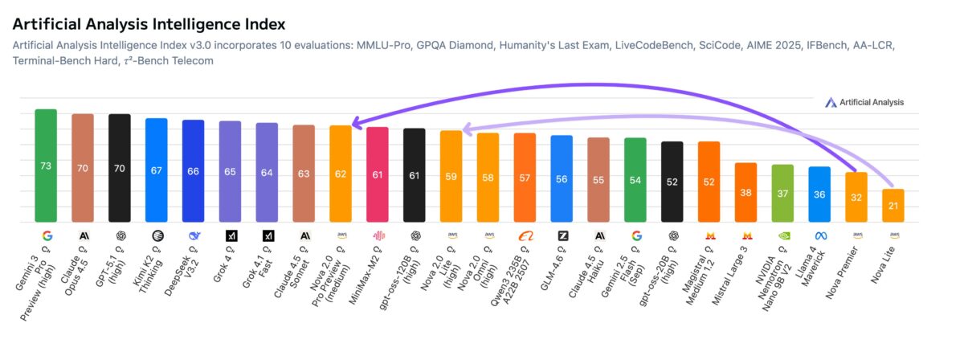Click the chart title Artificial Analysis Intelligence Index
point(149,24)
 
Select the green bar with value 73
point(46,166)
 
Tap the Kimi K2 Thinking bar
point(156,170)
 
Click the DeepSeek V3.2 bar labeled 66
point(193,171)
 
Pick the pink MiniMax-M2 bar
point(378,174)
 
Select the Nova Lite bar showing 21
point(893,206)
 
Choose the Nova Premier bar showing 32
point(856,197)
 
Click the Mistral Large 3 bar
point(746,192)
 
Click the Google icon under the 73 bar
point(46,236)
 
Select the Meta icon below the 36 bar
point(819,236)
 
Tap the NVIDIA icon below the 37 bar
point(782,236)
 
